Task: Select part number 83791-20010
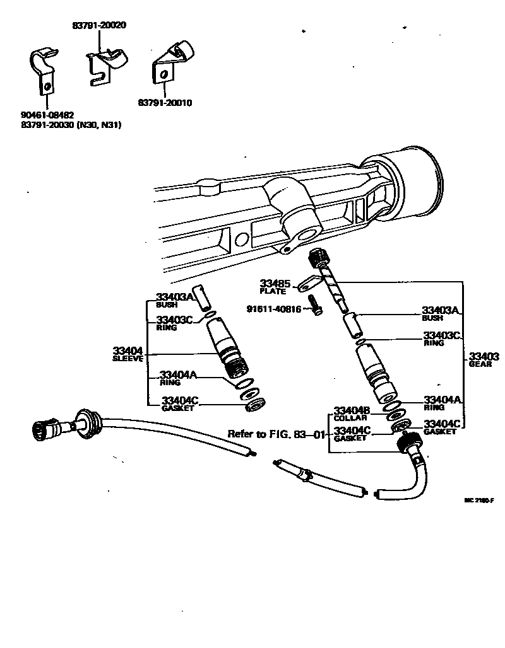tap(165, 103)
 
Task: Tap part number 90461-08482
tap(47, 115)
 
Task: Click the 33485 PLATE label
tap(273, 287)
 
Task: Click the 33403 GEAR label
tap(484, 359)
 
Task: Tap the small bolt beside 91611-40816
tap(316, 309)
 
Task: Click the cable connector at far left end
tap(45, 430)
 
